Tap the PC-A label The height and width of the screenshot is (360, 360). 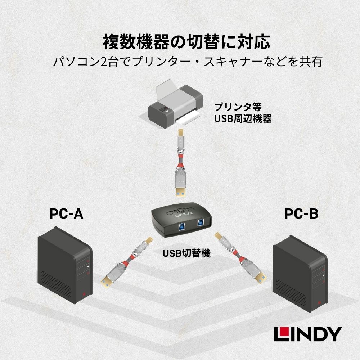click(66, 214)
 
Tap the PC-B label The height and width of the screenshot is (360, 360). click(301, 214)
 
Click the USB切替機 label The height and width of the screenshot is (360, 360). click(186, 253)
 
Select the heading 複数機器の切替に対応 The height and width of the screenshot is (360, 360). click(186, 42)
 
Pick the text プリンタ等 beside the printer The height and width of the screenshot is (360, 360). click(235, 107)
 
